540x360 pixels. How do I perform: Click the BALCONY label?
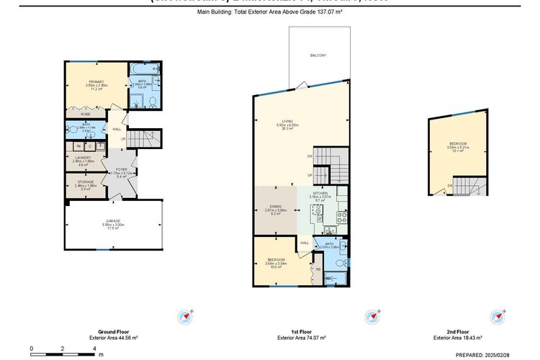pos(318,55)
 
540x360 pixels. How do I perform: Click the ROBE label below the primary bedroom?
pos(85,114)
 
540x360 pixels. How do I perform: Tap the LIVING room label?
pos(288,121)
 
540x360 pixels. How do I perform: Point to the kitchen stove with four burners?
pos(342,214)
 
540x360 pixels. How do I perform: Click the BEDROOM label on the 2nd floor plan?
pos(459,144)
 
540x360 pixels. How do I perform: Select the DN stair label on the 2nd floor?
pos(449,186)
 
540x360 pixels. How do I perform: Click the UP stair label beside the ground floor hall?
pos(123,139)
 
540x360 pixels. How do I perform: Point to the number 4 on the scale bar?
pos(95,348)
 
